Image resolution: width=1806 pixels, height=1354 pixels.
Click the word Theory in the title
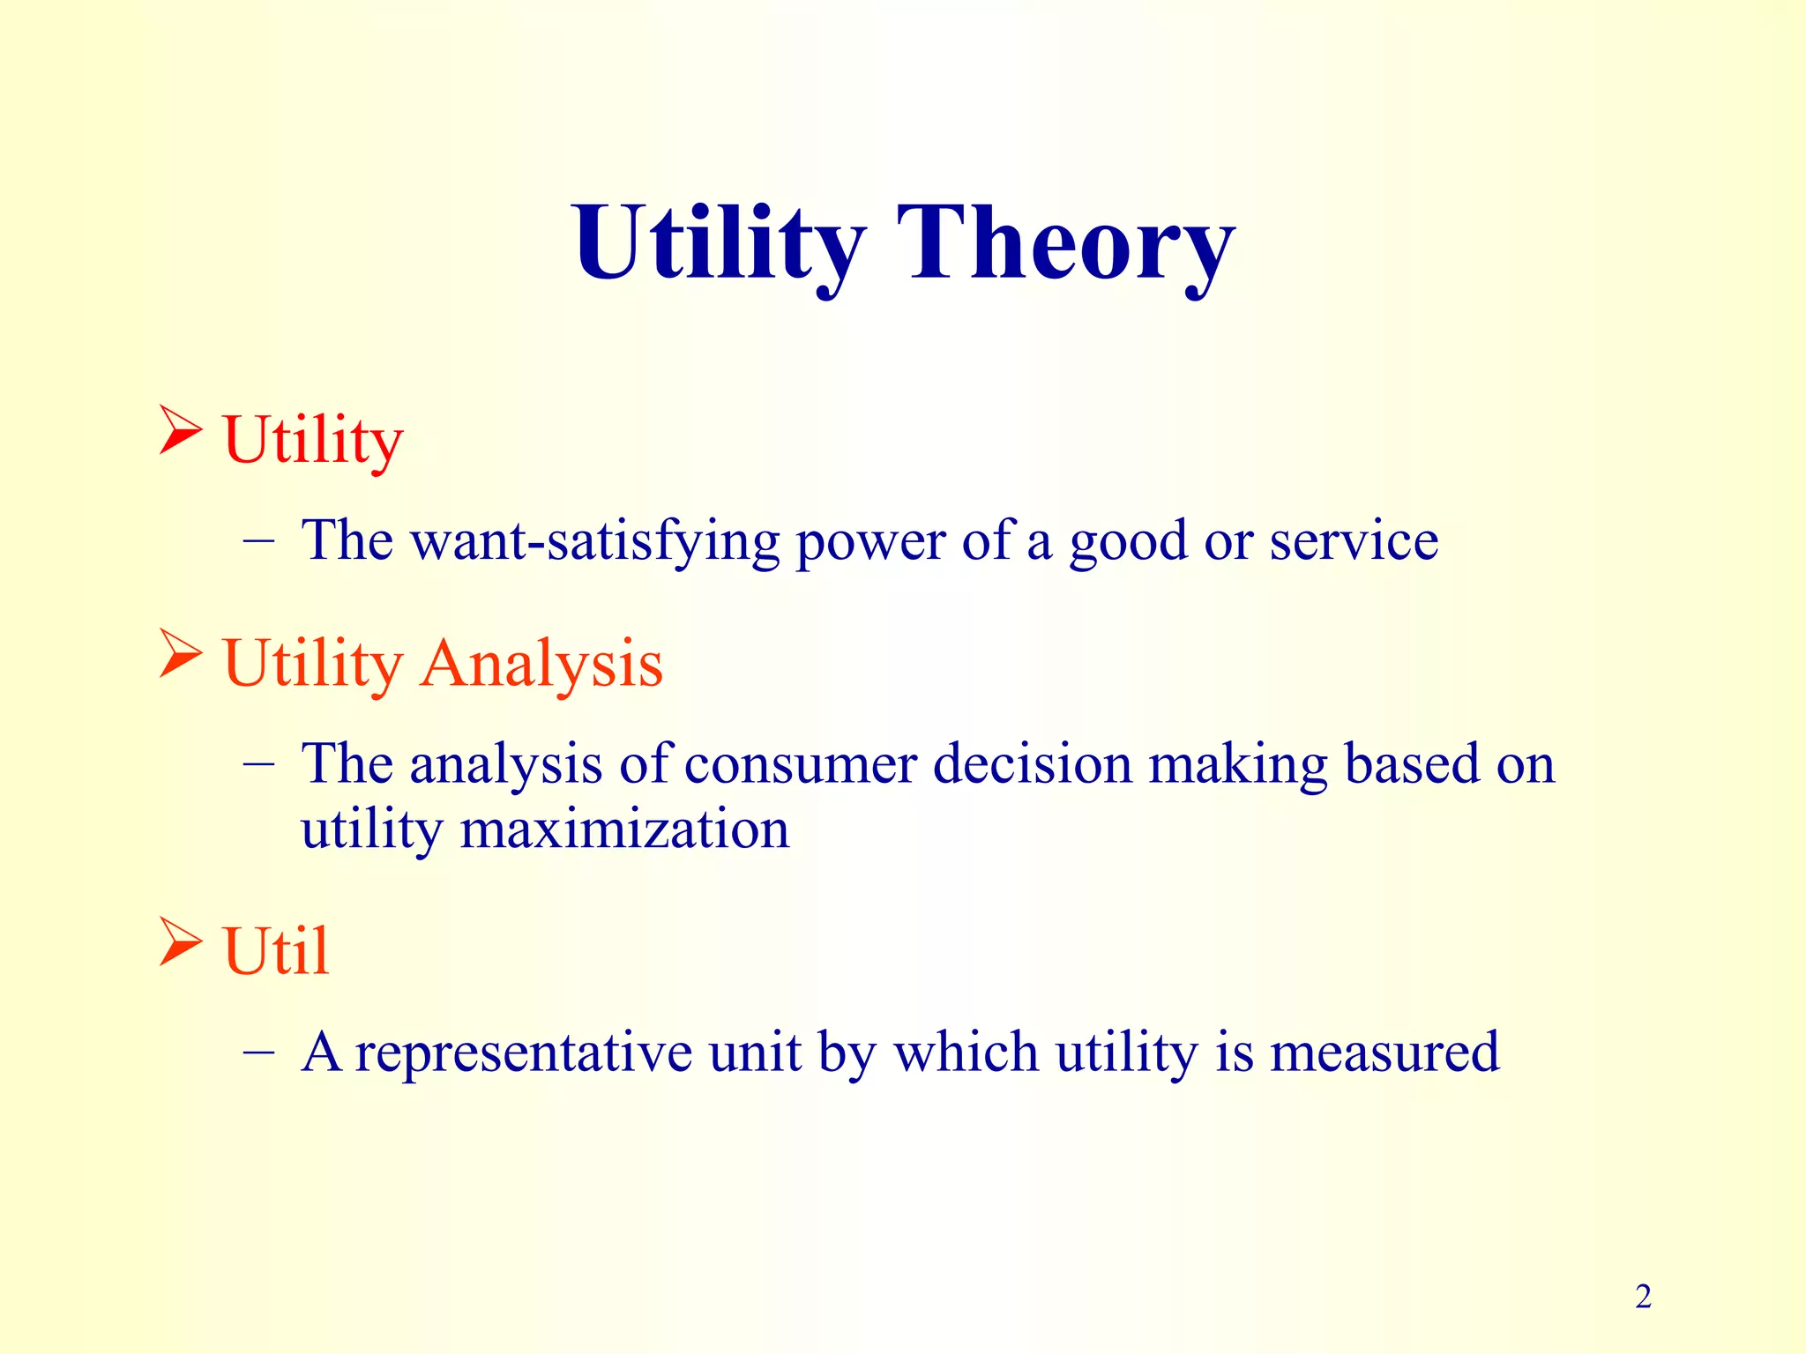[1065, 242]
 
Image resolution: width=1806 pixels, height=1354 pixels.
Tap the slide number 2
[1643, 1297]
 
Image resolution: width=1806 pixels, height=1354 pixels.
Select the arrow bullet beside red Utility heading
[180, 430]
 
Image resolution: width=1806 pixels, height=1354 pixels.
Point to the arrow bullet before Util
[180, 941]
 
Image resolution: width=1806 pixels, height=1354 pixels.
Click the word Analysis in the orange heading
[541, 663]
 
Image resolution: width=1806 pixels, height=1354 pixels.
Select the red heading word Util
[276, 951]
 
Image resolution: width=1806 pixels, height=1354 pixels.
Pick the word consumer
[800, 763]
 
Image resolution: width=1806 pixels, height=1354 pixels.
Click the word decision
[1032, 763]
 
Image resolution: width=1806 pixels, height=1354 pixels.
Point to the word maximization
[624, 830]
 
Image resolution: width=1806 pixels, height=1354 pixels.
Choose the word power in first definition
[869, 542]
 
